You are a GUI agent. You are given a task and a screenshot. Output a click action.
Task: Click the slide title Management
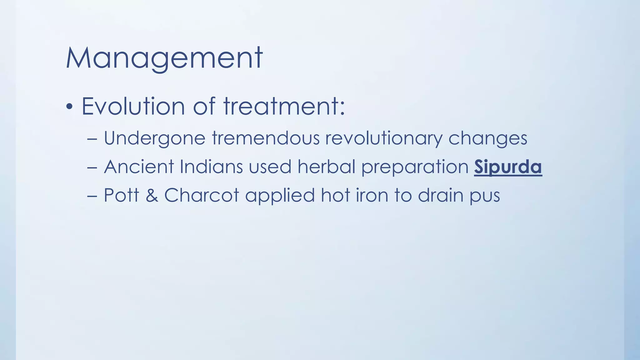(x=164, y=58)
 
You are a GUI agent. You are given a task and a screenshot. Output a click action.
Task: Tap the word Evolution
(x=133, y=106)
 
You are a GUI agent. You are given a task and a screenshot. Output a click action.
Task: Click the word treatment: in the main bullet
(x=284, y=106)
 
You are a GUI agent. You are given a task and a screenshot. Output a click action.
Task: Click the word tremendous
(x=266, y=138)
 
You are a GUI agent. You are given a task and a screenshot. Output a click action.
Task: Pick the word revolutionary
(x=383, y=138)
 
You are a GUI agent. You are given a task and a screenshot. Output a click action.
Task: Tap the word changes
(x=488, y=138)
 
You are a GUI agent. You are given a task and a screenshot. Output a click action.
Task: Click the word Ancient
(x=139, y=167)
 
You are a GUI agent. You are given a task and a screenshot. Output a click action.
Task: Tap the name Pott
(x=121, y=195)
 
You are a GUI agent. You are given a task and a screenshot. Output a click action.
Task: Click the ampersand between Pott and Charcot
(x=152, y=196)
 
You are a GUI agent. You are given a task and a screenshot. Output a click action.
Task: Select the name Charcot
(x=202, y=195)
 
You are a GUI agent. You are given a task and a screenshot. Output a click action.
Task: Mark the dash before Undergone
(x=92, y=138)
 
